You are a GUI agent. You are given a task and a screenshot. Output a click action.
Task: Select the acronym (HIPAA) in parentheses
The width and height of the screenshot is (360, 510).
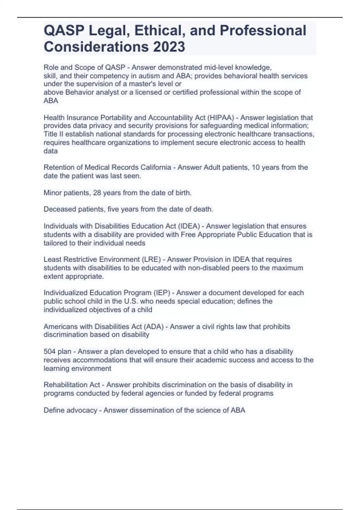[x=220, y=118]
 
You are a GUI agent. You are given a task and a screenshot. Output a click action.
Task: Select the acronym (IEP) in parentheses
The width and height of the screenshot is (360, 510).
[x=162, y=292]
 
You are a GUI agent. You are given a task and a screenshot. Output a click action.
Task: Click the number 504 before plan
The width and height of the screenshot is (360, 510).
[x=49, y=351]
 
